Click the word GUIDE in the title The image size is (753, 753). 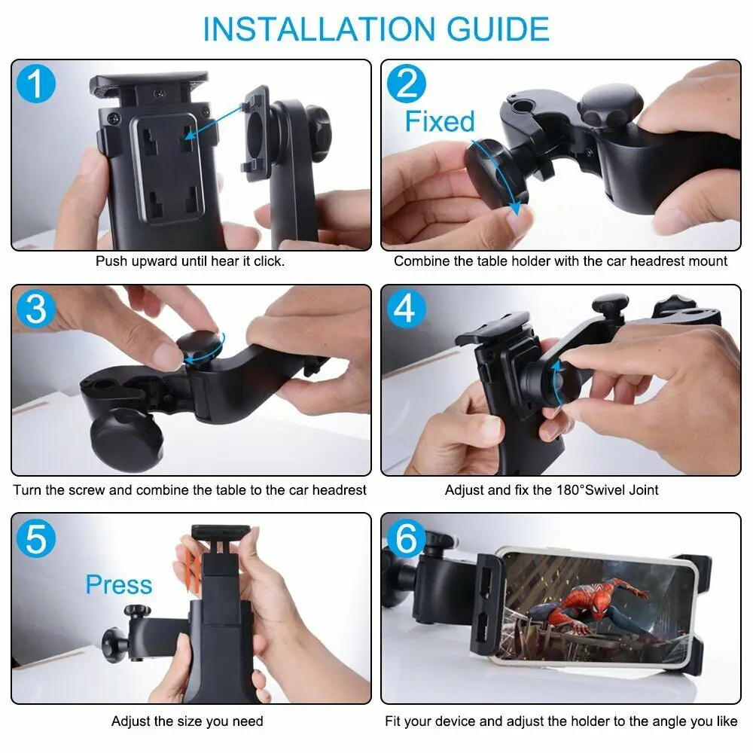click(x=498, y=29)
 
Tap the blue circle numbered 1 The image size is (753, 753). click(x=36, y=84)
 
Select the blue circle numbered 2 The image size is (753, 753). click(x=407, y=84)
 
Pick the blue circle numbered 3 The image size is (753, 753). click(x=36, y=309)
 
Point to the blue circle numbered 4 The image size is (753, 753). click(x=407, y=309)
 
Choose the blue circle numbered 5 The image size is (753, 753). click(x=36, y=538)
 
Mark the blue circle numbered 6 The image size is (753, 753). click(x=407, y=538)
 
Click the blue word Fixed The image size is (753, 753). click(x=440, y=121)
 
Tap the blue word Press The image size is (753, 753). click(x=119, y=584)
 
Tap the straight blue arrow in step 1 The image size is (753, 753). click(x=214, y=123)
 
